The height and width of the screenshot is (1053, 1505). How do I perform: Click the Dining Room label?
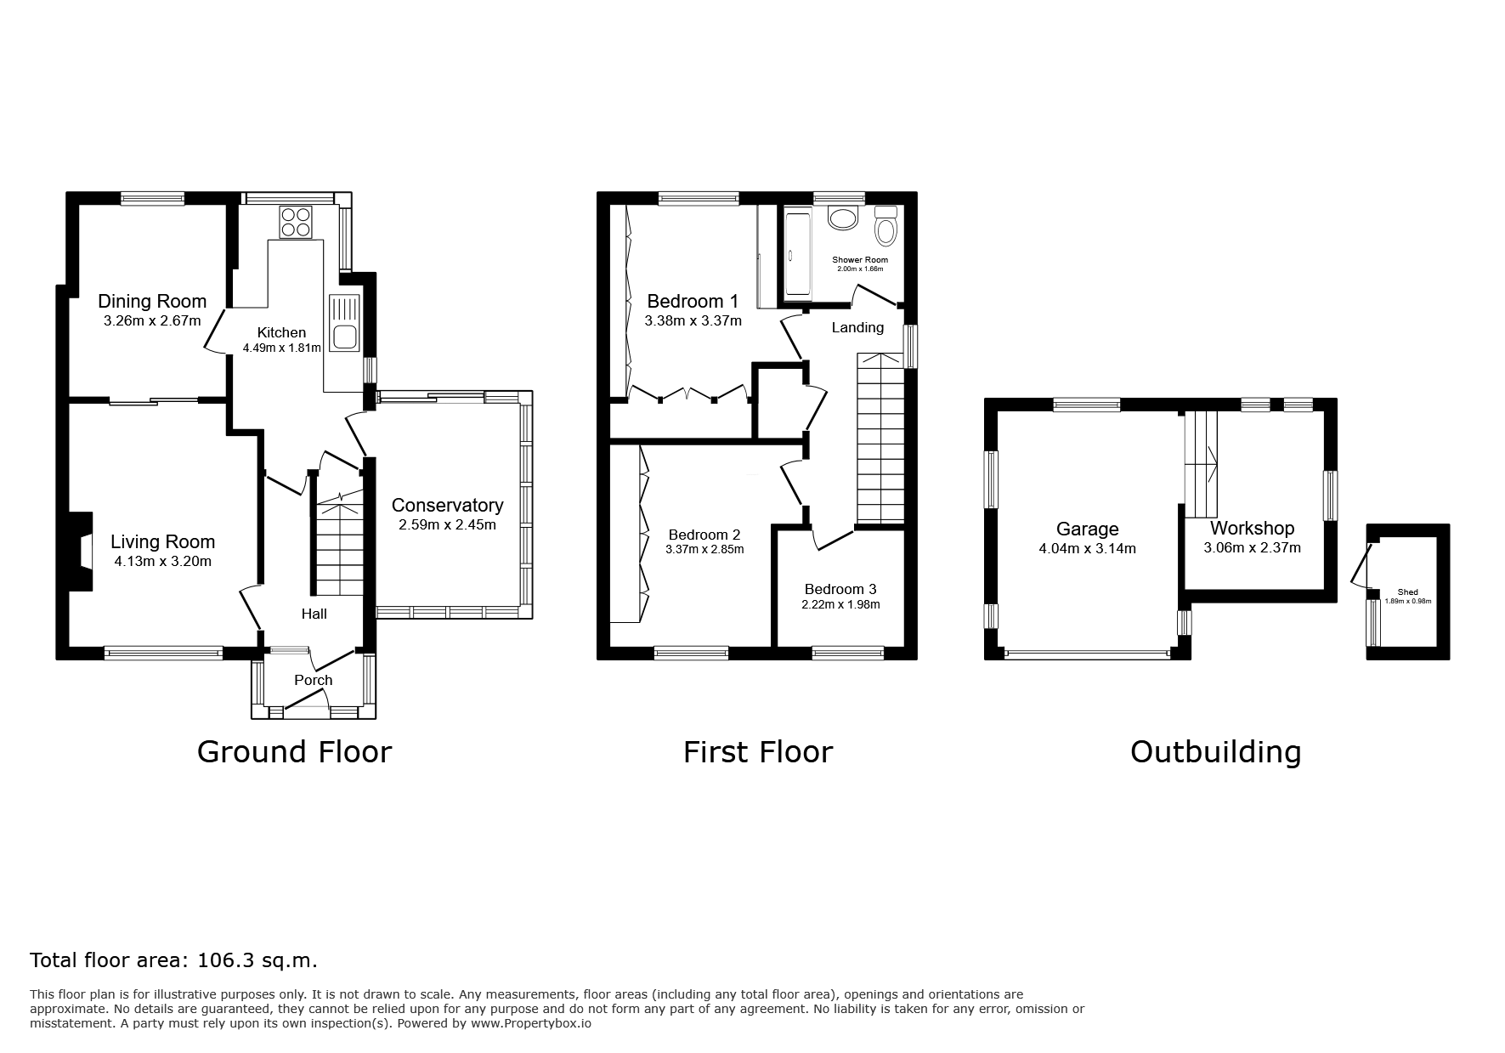tap(152, 301)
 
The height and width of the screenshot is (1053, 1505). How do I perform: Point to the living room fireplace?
tap(81, 551)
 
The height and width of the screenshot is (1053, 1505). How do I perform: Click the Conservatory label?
tap(447, 505)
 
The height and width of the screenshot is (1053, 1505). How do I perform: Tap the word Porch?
tap(313, 680)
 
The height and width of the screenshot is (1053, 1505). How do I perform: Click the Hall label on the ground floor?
tap(314, 614)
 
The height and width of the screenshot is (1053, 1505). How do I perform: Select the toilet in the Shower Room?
tap(885, 226)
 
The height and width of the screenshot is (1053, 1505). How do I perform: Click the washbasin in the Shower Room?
tap(843, 218)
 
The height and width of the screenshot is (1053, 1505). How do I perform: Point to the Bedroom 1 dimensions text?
tap(693, 321)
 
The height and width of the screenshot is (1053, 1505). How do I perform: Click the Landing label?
tap(857, 327)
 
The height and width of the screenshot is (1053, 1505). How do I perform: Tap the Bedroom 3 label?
tap(840, 589)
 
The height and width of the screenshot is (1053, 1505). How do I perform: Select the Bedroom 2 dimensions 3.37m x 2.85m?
tap(704, 549)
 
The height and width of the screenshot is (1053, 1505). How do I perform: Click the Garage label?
tap(1087, 529)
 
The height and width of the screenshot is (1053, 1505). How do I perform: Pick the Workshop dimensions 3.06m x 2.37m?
tap(1252, 548)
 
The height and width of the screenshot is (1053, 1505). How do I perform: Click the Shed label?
tap(1407, 592)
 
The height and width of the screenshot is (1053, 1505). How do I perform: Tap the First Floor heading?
tap(758, 752)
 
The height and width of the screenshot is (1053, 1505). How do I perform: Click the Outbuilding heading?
tap(1215, 752)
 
